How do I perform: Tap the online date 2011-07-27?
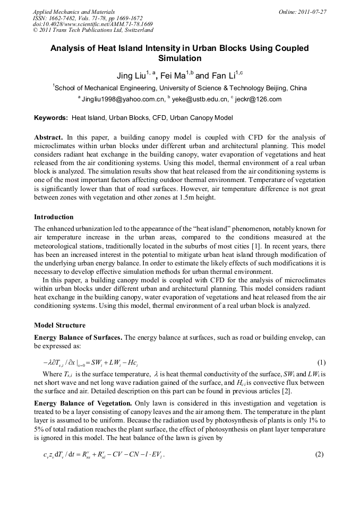(x=311, y=12)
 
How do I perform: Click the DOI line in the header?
(x=93, y=24)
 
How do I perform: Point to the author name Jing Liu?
(x=131, y=76)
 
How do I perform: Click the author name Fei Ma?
(x=173, y=76)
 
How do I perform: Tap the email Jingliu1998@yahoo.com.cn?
(x=123, y=99)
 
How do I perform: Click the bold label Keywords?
(x=51, y=118)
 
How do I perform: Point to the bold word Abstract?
(x=48, y=137)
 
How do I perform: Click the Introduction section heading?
(x=54, y=217)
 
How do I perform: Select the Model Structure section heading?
(x=59, y=325)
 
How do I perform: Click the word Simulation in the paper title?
(x=179, y=58)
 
